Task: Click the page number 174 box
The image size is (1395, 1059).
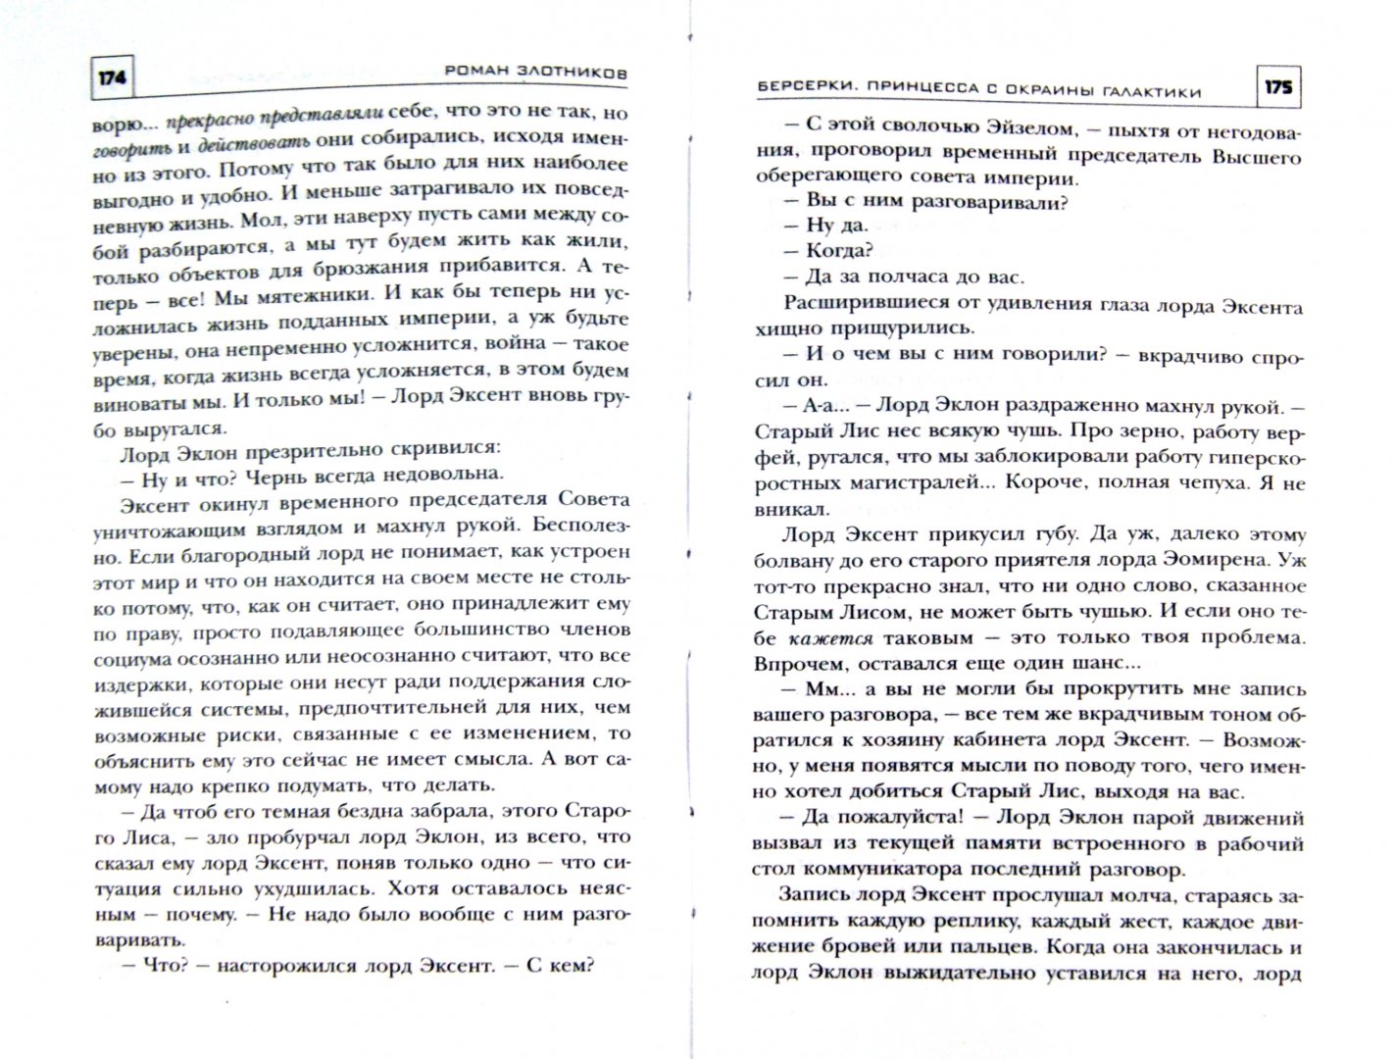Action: [x=112, y=78]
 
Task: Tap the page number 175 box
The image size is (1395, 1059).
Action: [x=1277, y=88]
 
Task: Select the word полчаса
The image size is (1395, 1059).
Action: [x=893, y=277]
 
